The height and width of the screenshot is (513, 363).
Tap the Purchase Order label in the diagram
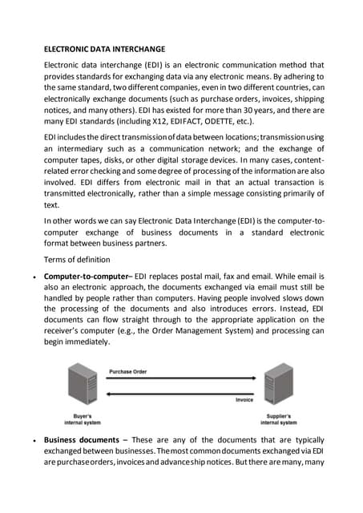(128, 372)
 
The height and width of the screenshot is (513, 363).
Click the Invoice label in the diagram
(245, 399)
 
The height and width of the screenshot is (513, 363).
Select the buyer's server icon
(79, 386)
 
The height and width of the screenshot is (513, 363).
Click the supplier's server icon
(278, 386)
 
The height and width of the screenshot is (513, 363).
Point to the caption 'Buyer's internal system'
(80, 420)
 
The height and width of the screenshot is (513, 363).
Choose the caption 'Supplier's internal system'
(278, 420)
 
